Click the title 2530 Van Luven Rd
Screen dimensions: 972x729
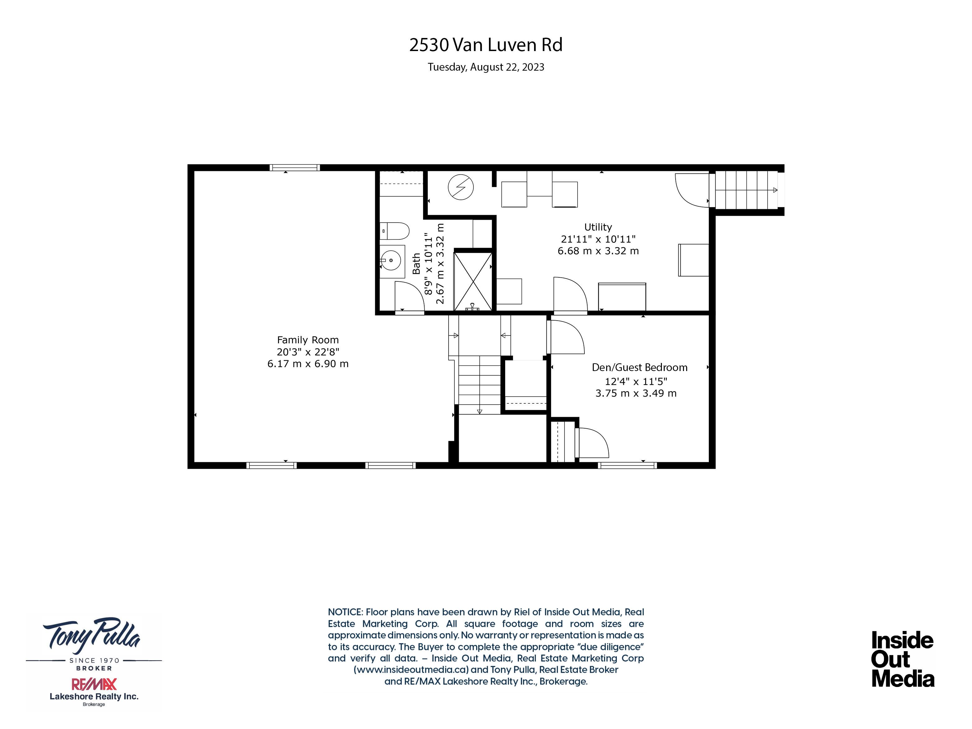point(486,45)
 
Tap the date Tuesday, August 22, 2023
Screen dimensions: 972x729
point(486,67)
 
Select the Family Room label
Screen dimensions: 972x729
point(308,340)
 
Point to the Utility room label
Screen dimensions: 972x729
point(598,227)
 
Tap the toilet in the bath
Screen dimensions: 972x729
point(394,231)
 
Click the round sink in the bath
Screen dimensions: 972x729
point(391,260)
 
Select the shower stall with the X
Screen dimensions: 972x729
point(473,281)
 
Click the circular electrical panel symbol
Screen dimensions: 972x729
point(461,187)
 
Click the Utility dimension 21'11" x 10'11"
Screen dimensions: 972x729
point(598,239)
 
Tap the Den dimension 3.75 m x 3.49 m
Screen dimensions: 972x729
point(636,393)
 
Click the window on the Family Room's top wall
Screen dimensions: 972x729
point(295,167)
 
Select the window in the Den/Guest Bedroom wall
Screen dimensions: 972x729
point(627,465)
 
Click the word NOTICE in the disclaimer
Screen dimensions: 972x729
point(345,612)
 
